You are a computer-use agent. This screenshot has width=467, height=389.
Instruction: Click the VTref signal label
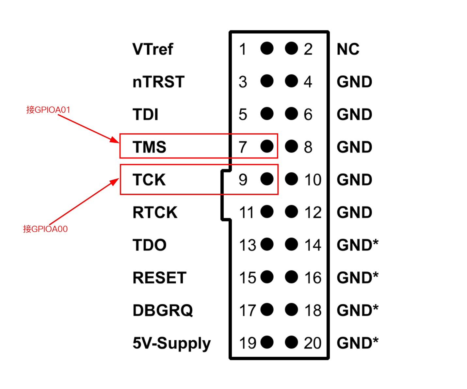[x=153, y=49]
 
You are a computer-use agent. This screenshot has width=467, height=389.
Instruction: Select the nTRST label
[x=158, y=82]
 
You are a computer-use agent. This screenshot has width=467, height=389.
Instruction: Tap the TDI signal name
[x=145, y=115]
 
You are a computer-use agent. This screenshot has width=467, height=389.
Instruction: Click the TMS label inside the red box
[x=149, y=147]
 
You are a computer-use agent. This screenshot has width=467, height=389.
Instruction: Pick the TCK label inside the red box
[x=149, y=180]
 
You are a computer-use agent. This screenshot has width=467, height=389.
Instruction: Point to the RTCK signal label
[x=155, y=212]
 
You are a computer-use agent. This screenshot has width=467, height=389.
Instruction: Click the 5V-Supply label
[x=171, y=343]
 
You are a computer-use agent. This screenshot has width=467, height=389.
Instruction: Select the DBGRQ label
[x=163, y=310]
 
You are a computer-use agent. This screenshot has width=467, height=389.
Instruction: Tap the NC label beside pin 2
[x=348, y=49]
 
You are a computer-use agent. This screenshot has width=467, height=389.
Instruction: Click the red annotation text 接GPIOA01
[x=48, y=110]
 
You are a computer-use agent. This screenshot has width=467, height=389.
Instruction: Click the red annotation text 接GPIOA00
[x=45, y=229]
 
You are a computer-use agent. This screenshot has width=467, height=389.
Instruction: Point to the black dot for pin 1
[x=267, y=48]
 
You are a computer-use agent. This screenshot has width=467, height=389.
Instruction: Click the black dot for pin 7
[x=267, y=146]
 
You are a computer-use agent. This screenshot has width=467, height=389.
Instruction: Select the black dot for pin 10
[x=291, y=179]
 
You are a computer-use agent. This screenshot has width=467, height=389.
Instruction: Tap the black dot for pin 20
[x=291, y=342]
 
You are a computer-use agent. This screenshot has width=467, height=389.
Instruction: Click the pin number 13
[x=248, y=245]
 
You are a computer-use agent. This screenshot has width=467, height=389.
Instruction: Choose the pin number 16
[x=313, y=278]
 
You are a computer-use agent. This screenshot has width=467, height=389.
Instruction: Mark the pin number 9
[x=243, y=180]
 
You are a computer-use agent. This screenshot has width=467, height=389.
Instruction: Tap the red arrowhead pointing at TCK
[x=115, y=181]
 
